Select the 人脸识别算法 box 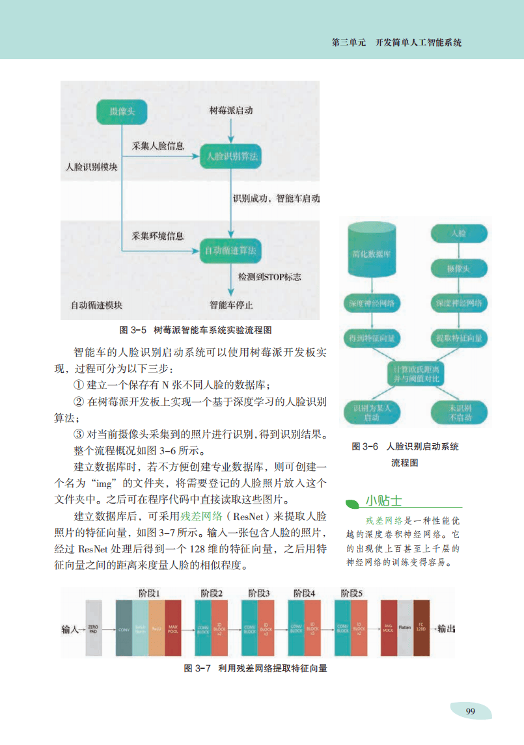pos(231,156)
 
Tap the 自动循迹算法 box pos(231,250)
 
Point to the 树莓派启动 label pos(231,111)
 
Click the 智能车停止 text pos(231,305)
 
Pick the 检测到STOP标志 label pos(269,277)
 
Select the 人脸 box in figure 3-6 pos(458,232)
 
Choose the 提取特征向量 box pos(458,338)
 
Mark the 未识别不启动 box pos(460,412)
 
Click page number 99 pos(470,711)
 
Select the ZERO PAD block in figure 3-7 pos(94,629)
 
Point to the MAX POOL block pos(173,629)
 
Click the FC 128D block pos(422,629)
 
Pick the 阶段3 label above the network pos(258,593)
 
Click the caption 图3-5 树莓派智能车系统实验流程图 pos(193,329)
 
